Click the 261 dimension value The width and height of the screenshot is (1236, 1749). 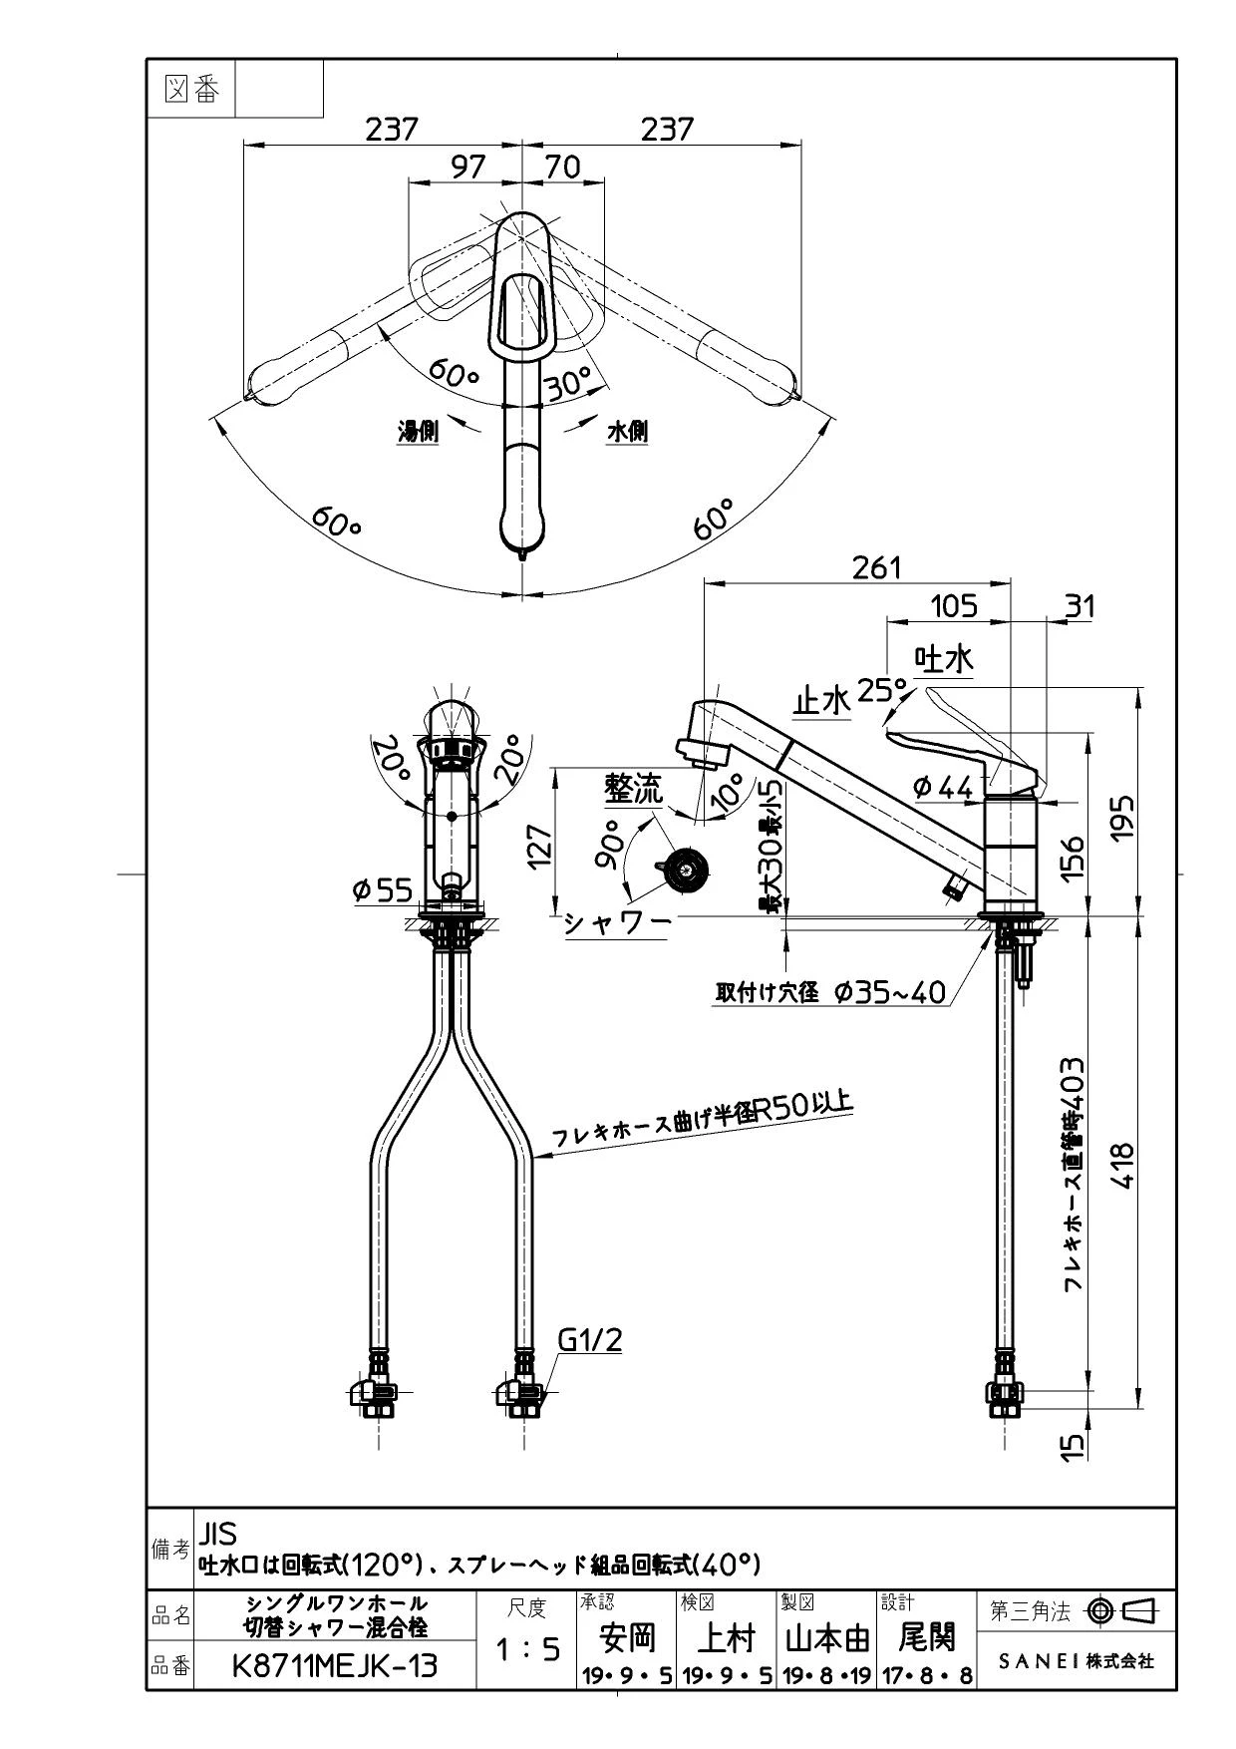point(876,567)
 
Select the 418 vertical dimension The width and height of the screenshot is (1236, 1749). point(1122,1165)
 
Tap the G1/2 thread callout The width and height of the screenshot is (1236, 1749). point(590,1339)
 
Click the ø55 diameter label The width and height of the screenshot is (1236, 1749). point(383,888)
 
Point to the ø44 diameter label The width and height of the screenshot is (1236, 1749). point(942,787)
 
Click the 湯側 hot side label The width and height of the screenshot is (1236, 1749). point(418,432)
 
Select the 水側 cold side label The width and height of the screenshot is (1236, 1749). point(627,432)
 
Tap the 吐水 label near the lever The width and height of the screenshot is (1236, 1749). point(944,659)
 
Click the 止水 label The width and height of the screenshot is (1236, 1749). point(821,702)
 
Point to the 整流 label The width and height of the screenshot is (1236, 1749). point(633,790)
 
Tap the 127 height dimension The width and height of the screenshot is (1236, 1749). point(539,846)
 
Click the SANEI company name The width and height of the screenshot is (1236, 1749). point(1076,1661)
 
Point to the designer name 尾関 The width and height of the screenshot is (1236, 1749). point(927,1636)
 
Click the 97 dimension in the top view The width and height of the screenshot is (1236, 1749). point(467,167)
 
